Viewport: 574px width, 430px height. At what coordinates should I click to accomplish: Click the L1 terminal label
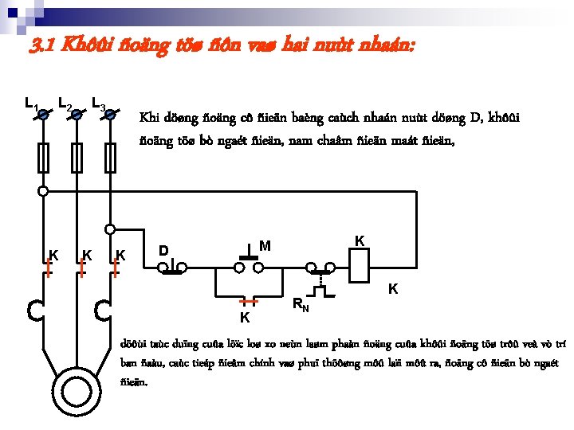31,103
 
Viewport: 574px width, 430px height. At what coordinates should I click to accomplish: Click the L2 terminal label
65,104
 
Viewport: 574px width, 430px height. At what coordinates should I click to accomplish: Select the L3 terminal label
100,104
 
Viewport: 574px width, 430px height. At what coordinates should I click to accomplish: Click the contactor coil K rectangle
360,264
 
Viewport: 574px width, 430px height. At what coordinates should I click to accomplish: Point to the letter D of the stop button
163,251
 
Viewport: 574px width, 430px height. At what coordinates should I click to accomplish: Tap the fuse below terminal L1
43,157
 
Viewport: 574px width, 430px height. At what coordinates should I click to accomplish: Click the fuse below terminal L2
77,157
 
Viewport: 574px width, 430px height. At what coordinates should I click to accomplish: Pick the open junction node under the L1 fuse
43,191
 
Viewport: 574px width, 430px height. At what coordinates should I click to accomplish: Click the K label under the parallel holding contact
245,319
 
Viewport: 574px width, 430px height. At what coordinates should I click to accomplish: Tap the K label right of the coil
393,289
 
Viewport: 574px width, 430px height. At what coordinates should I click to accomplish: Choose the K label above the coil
360,240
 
